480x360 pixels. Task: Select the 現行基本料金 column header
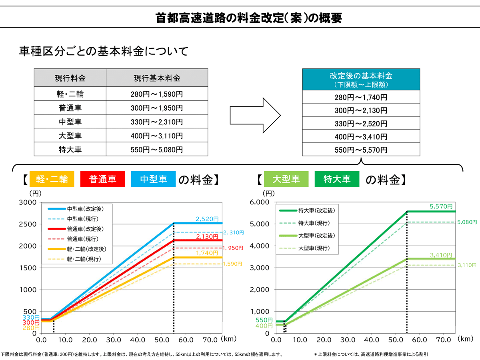click(x=157, y=78)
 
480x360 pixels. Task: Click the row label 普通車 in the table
click(x=70, y=108)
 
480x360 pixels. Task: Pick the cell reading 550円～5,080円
click(x=157, y=150)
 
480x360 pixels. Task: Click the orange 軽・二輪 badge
click(x=52, y=179)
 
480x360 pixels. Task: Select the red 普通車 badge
click(x=103, y=179)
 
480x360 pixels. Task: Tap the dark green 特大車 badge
click(x=337, y=179)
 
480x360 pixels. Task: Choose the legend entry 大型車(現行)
click(x=314, y=248)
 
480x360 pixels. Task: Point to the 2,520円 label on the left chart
click(x=207, y=219)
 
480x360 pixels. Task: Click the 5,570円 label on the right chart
click(x=441, y=206)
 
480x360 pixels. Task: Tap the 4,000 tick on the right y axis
click(x=260, y=246)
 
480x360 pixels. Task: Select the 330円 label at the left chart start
click(x=31, y=317)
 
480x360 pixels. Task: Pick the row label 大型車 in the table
click(x=70, y=136)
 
